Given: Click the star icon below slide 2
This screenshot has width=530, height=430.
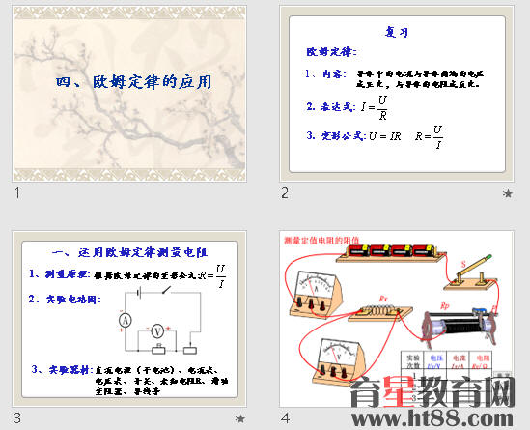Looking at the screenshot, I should point(507,193).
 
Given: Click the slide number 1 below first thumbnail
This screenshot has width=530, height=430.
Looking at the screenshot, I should point(17,193).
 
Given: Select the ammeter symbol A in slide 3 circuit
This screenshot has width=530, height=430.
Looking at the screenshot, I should point(125,319).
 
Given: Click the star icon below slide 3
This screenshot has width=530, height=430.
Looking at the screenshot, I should point(240,417).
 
